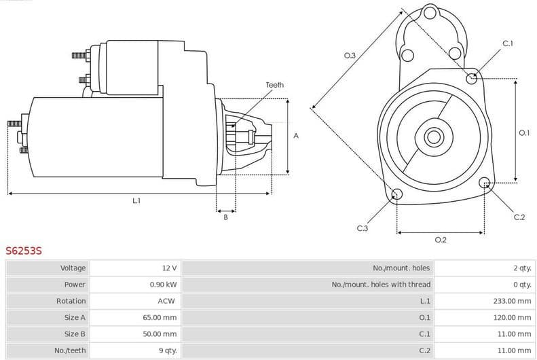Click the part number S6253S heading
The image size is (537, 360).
pos(24,251)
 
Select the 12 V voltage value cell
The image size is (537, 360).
pos(169,268)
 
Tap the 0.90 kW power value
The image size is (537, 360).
pos(163,285)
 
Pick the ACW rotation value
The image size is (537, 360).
pos(167,301)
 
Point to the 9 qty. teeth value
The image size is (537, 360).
pos(167,350)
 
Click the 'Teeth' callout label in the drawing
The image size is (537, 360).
pos(275,85)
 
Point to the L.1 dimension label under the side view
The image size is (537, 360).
pos(136,200)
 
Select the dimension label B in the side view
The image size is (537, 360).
pos(225,217)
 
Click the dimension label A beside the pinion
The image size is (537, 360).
pos(296,136)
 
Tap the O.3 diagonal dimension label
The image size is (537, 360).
pos(350,56)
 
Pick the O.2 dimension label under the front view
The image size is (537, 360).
pos(440,239)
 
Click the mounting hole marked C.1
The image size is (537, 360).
pos(472,78)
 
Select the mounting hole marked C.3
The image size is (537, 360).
pos(397,196)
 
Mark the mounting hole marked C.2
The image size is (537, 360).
pos(485,183)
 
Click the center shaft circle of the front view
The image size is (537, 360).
pos(433,137)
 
